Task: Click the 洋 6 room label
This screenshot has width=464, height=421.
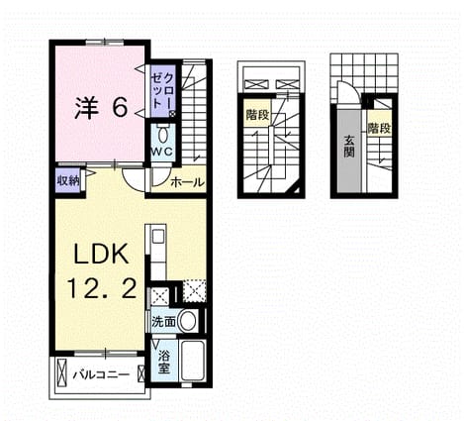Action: click(x=101, y=108)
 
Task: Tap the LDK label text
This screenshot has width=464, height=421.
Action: click(x=101, y=255)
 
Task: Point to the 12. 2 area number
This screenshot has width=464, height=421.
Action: click(x=102, y=287)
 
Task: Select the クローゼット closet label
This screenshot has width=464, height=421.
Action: click(x=162, y=91)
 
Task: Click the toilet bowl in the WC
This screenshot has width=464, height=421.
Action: click(x=162, y=135)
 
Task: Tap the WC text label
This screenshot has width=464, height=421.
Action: click(x=162, y=152)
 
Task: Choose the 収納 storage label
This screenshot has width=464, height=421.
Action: click(x=68, y=180)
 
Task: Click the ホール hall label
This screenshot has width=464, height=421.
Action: click(x=187, y=181)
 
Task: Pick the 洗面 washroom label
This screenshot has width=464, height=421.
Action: click(x=163, y=322)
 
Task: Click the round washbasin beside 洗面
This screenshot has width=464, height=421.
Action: click(x=187, y=321)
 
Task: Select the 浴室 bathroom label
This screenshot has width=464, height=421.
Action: click(x=164, y=362)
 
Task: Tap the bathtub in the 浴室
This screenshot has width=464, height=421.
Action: click(x=193, y=361)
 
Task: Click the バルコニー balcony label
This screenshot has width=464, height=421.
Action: click(x=101, y=375)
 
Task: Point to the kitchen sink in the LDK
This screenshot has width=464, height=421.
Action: click(x=159, y=236)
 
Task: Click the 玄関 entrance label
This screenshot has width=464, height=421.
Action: click(x=349, y=147)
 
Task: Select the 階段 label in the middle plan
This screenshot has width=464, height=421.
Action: click(x=257, y=115)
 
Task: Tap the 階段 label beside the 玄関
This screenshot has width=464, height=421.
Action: click(x=380, y=128)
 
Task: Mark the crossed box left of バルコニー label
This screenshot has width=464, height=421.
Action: click(x=61, y=372)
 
